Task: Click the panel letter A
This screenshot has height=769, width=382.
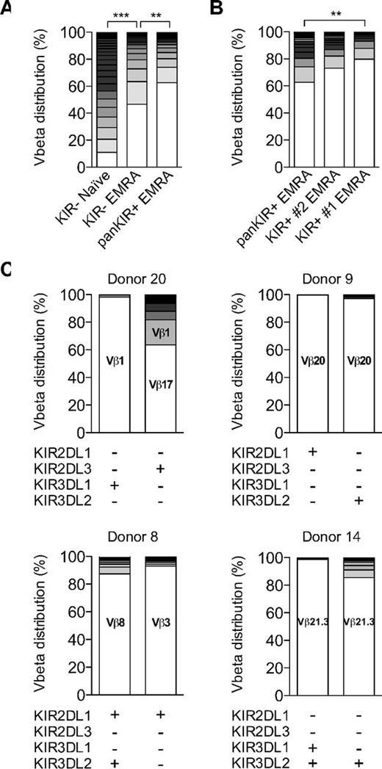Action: pyautogui.click(x=7, y=9)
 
